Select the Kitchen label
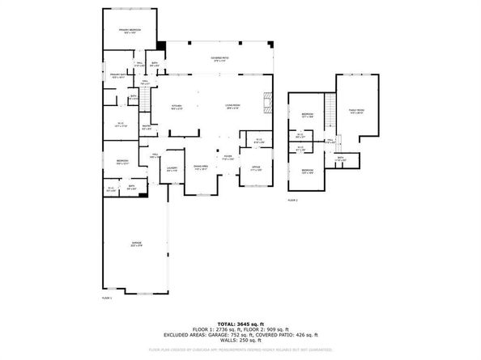(x=177, y=108)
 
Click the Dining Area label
(x=202, y=168)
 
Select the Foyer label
(x=229, y=158)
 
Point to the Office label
(x=256, y=169)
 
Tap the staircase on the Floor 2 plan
(x=330, y=108)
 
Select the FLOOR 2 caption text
(x=292, y=199)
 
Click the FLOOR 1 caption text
(x=106, y=299)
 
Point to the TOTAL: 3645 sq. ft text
(x=240, y=323)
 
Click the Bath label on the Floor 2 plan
(x=341, y=159)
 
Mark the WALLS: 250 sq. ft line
(x=240, y=341)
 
